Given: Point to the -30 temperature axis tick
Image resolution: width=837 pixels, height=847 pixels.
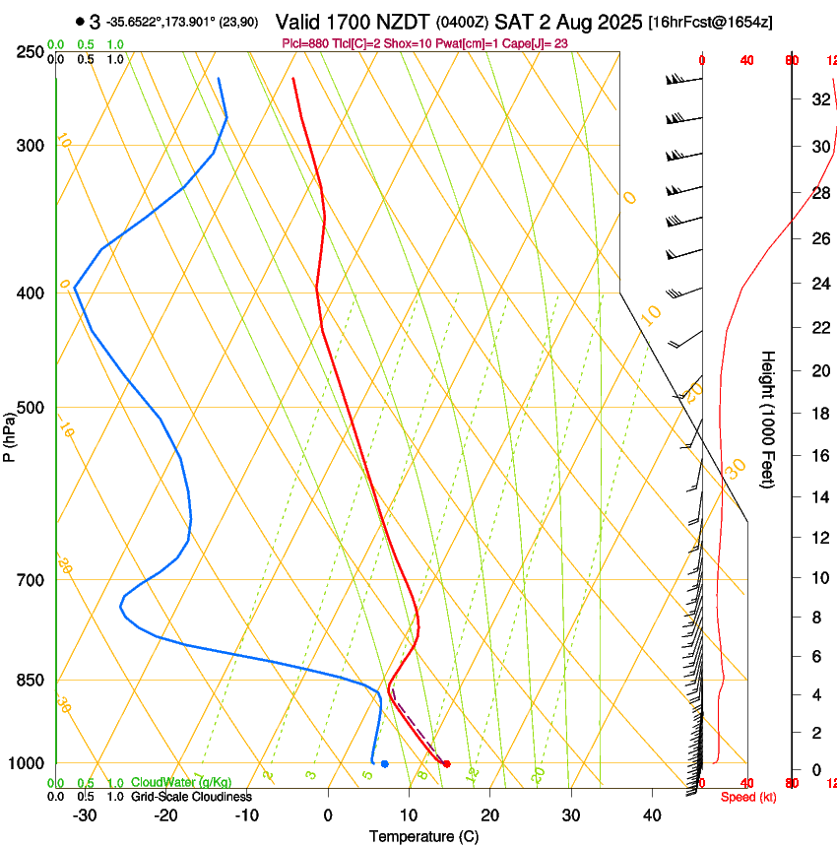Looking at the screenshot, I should [x=85, y=815].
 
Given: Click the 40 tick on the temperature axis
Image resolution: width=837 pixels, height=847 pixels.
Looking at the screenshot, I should [x=652, y=815].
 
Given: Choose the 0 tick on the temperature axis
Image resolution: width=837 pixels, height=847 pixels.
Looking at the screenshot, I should [x=328, y=815].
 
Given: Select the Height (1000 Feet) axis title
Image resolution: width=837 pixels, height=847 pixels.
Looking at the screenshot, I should [x=768, y=420].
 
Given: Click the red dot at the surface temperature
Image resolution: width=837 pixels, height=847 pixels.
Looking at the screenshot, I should [x=447, y=763].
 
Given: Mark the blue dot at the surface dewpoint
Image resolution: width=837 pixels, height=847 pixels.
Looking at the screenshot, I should [x=384, y=763].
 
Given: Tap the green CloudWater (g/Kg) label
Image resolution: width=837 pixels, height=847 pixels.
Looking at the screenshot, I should [x=182, y=783].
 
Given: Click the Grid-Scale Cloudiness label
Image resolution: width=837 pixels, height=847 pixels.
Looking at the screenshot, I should [x=191, y=796].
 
